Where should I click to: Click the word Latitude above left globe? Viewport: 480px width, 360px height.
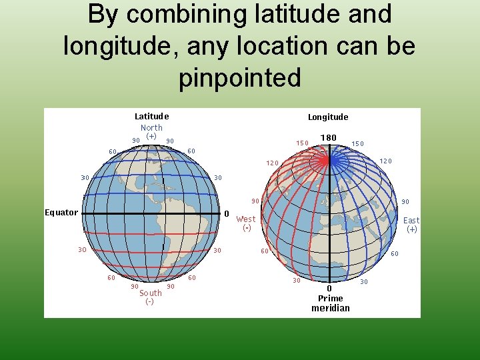click(151, 117)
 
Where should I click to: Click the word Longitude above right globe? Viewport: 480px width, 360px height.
click(328, 117)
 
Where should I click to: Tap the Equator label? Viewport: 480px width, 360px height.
click(61, 213)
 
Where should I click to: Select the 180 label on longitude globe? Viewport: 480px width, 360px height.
click(328, 138)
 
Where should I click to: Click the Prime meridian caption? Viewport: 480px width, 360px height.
click(331, 303)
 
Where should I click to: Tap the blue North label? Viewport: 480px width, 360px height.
click(151, 127)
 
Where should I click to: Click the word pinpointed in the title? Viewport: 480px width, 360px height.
click(240, 78)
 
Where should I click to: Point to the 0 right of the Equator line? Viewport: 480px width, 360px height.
click(227, 214)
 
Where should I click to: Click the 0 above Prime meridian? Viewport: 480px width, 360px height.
click(329, 288)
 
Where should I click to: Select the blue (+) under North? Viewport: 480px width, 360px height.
click(151, 136)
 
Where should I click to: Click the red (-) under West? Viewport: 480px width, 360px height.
click(247, 228)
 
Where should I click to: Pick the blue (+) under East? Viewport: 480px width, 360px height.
click(412, 229)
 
